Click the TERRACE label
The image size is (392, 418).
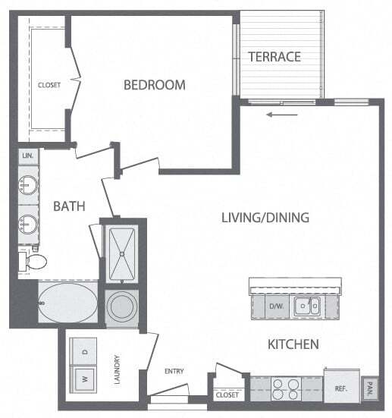click(274, 57)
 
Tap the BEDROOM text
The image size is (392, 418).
click(154, 85)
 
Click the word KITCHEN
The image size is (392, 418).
click(293, 344)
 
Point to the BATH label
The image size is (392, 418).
click(69, 206)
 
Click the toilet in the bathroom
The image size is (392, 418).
click(33, 262)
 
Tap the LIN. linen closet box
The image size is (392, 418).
click(27, 156)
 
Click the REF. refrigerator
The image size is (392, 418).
click(341, 388)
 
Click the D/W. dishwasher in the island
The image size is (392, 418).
click(276, 306)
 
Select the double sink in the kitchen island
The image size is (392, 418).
click(308, 306)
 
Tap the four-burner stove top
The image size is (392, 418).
click(285, 389)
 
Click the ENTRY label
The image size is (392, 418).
click(174, 371)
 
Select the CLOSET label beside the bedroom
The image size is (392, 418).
click(49, 85)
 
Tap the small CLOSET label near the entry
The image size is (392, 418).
click(227, 395)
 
